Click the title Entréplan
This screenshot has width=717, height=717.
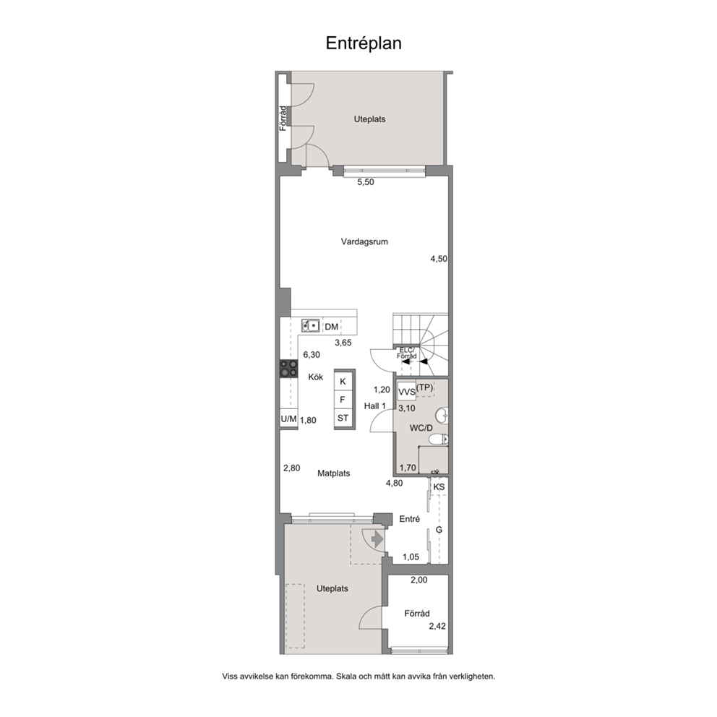click(364, 43)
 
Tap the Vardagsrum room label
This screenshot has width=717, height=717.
click(364, 241)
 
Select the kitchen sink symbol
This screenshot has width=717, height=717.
click(311, 325)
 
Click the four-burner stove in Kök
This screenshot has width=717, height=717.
click(288, 369)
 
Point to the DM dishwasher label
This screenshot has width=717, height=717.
click(332, 327)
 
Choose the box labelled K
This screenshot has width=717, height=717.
click(343, 382)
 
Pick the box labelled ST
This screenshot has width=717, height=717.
click(343, 418)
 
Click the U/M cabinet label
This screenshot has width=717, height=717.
click(288, 419)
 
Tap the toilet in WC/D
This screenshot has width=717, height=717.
click(439, 439)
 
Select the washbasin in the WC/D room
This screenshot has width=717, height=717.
click(442, 416)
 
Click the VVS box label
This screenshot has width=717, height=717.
click(406, 392)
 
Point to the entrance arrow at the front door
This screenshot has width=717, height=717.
click(377, 540)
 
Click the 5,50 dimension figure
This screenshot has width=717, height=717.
click(365, 182)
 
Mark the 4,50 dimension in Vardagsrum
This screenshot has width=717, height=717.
click(439, 259)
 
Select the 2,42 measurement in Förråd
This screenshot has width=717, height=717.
click(437, 627)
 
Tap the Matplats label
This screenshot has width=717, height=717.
click(334, 473)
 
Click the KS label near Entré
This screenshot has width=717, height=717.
click(439, 487)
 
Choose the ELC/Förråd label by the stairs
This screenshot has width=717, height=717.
click(406, 353)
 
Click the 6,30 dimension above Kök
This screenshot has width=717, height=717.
click(312, 354)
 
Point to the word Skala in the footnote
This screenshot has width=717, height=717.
click(347, 677)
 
